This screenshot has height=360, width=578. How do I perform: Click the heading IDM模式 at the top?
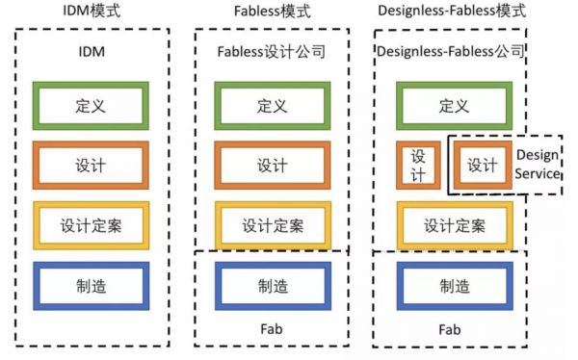(91, 13)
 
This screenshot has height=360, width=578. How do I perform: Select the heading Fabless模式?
(270, 13)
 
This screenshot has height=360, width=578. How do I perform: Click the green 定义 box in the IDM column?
(91, 106)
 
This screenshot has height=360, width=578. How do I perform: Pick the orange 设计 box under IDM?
(91, 166)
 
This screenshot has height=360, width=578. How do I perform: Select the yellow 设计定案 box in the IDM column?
(91, 225)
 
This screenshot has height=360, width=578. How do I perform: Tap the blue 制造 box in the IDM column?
(91, 285)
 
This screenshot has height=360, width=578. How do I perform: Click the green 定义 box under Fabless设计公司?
(272, 106)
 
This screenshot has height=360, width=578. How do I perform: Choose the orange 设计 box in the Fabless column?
(272, 166)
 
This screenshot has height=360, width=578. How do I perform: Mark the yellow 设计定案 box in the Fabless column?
(272, 225)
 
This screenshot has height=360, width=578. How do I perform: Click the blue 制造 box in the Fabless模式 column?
(272, 285)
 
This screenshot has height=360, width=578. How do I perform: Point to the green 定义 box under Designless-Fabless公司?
(454, 106)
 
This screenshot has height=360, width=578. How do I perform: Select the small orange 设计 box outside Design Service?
(418, 166)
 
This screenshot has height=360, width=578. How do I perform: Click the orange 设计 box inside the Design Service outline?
(482, 166)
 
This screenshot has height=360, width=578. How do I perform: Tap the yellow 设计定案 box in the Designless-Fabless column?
(454, 225)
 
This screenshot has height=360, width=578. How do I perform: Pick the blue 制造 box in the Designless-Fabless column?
(454, 285)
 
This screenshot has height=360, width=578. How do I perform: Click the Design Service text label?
(537, 165)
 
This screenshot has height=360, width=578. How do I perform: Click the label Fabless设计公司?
(272, 51)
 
